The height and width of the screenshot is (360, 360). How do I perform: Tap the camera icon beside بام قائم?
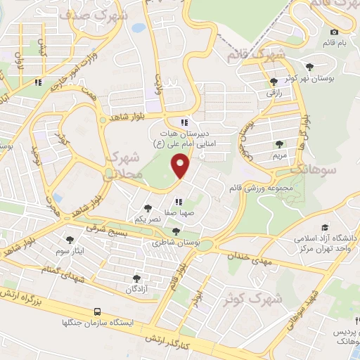(x=333, y=32)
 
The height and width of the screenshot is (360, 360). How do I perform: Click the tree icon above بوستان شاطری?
(x=176, y=231)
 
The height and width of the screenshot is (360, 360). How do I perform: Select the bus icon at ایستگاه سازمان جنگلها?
(x=98, y=311)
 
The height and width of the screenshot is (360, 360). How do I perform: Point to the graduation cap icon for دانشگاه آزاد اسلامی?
(x=324, y=227)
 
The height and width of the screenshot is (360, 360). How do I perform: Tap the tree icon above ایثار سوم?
(x=69, y=239)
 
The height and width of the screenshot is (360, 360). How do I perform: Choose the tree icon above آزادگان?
(x=136, y=278)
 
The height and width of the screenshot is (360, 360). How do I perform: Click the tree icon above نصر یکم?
(x=148, y=208)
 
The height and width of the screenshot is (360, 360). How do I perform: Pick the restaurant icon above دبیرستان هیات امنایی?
(x=184, y=121)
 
